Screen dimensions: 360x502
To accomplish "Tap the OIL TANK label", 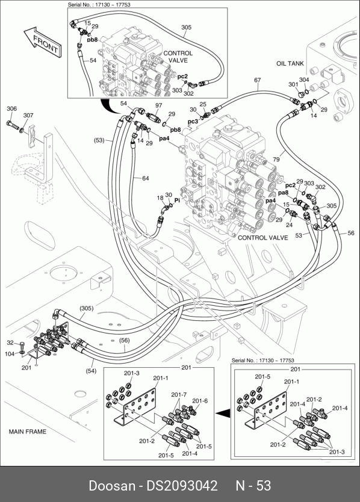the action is click(290, 63).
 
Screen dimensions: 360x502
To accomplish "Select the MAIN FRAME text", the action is click(28, 432).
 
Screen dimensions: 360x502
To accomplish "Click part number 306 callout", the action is click(11, 109).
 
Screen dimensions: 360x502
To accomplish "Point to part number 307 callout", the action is click(28, 115).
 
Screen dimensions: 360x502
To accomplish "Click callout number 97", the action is click(159, 105).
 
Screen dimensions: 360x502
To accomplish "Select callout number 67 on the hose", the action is click(258, 80).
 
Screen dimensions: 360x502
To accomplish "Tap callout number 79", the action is click(276, 159).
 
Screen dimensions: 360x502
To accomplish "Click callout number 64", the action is click(146, 178).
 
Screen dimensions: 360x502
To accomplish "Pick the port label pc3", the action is click(193, 122).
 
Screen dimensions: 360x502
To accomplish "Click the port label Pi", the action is click(177, 200).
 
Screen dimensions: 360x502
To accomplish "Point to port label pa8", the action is click(283, 193).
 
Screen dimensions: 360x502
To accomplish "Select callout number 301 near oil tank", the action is click(293, 84).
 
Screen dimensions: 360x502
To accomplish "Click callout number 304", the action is click(304, 79).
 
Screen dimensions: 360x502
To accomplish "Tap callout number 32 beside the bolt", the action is click(10, 343).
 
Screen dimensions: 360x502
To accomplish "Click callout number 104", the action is click(10, 354).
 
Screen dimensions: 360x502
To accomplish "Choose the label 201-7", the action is click(179, 395).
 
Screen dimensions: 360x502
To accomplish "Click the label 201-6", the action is click(200, 400).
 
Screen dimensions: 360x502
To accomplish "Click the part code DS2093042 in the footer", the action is click(182, 486).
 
